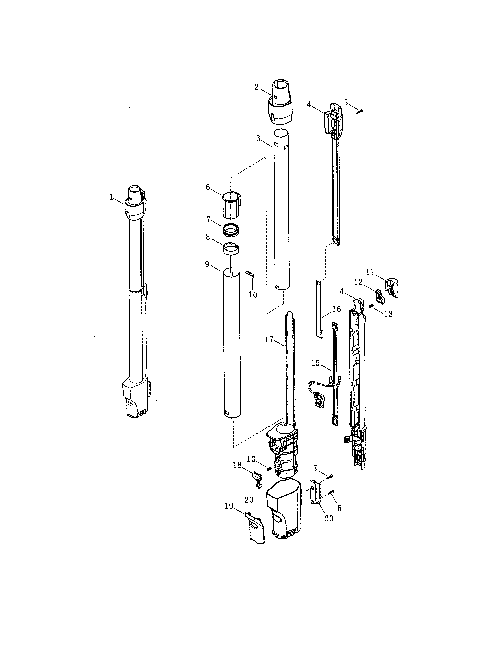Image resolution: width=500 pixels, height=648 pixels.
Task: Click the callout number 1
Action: coord(111,197)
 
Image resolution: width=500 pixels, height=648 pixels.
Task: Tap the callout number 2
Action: coord(256,87)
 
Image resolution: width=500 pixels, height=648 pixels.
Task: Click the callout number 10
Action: coord(253,295)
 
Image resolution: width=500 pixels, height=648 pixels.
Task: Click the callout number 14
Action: coord(339,292)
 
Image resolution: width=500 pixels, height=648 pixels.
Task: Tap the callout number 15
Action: coord(316,363)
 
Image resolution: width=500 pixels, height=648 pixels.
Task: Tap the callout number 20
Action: coord(249,500)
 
